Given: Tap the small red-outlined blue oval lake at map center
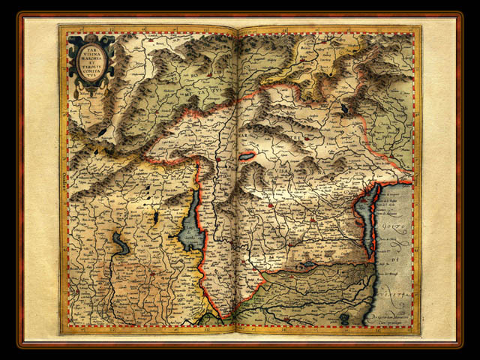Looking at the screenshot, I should pos(247,157).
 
